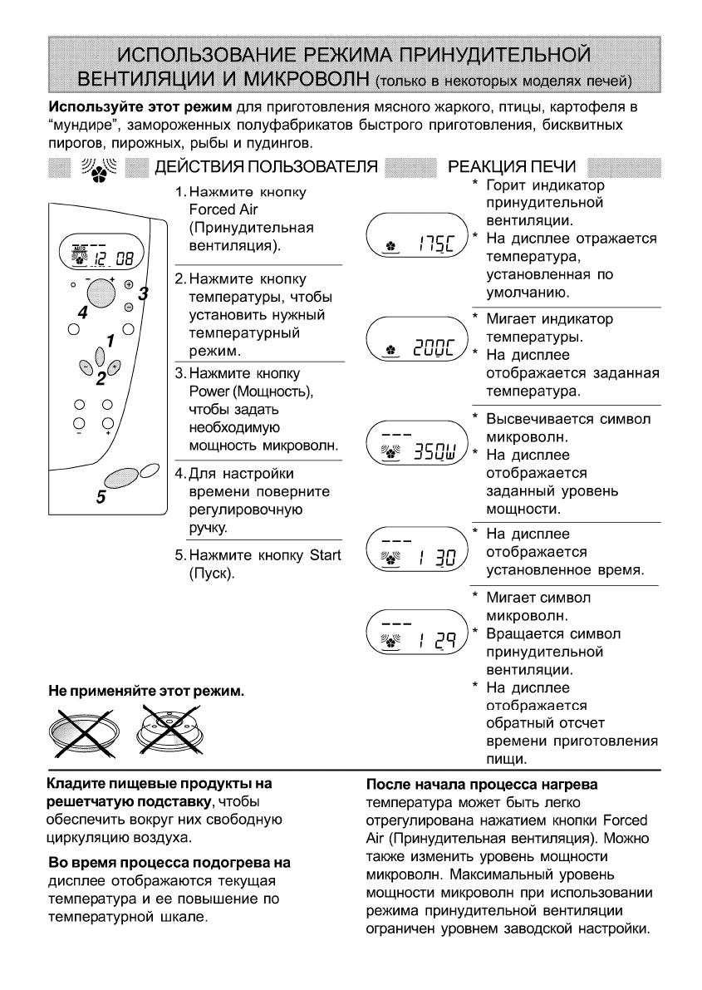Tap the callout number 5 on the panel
click(101, 497)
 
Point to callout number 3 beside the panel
click(142, 293)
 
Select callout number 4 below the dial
click(81, 313)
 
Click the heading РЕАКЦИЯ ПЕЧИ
click(517, 166)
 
